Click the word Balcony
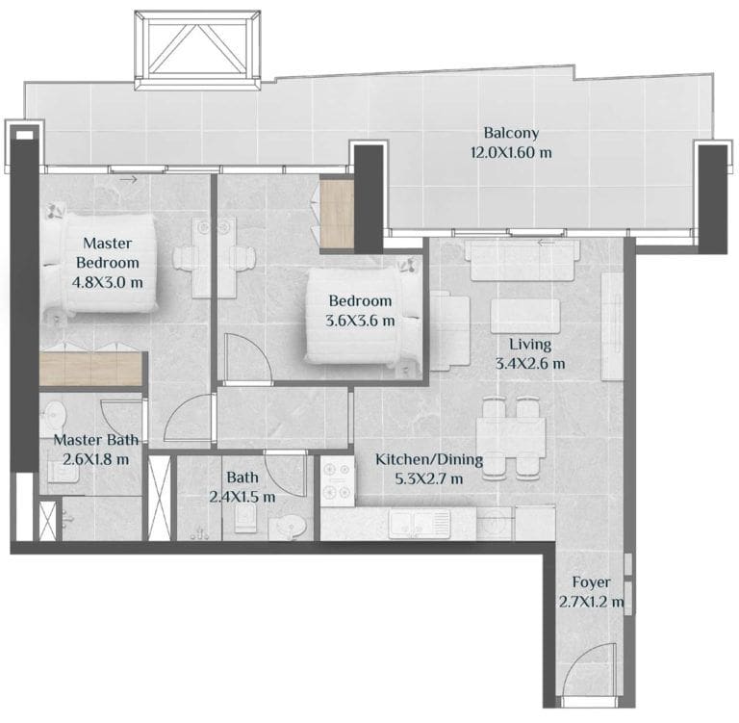click(511, 134)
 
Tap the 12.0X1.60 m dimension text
click(511, 152)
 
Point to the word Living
click(530, 344)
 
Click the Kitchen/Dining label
click(429, 460)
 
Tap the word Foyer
click(591, 582)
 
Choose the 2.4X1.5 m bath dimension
click(242, 497)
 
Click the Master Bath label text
click(95, 440)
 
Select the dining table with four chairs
click(513, 437)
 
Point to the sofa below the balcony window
click(522, 257)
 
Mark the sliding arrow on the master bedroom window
click(128, 178)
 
